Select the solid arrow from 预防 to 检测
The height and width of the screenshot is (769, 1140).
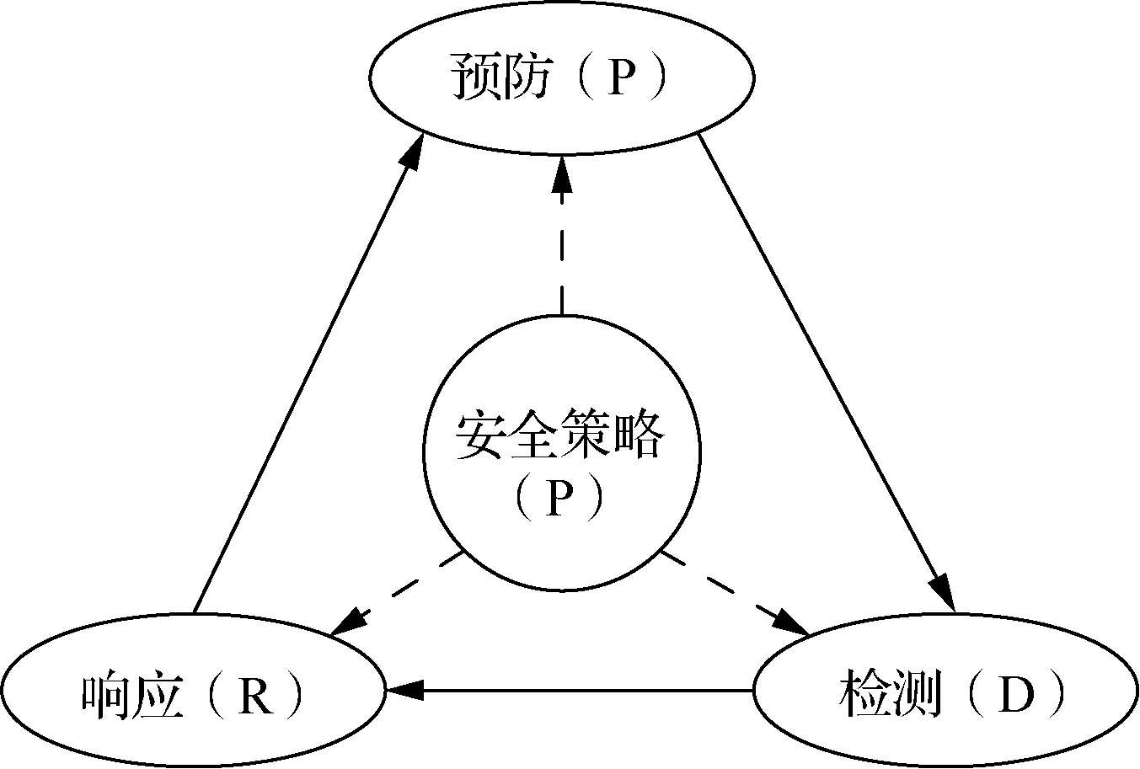(826, 371)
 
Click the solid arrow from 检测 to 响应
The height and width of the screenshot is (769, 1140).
(573, 691)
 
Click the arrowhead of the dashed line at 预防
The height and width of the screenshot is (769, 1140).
(562, 173)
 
